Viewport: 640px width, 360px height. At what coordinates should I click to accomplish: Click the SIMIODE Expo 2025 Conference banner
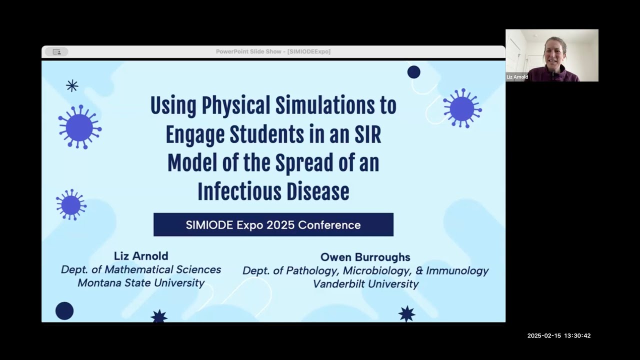pos(273,224)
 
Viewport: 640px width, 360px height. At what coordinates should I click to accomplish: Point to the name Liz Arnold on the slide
pos(141,256)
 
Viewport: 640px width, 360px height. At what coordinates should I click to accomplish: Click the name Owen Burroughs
pos(365,257)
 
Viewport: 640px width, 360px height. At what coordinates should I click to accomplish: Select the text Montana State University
pos(141,282)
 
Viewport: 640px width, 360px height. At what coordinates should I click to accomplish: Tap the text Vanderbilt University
pos(365,283)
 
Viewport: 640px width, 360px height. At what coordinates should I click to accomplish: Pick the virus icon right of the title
pos(461,108)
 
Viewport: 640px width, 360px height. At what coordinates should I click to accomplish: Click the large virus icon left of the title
pos(79,127)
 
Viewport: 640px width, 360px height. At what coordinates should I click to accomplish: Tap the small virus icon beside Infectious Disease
pos(70,205)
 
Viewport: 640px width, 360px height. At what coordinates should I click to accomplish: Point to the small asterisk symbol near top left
pos(72,86)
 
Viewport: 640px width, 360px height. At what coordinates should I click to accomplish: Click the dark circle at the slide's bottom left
pos(64,310)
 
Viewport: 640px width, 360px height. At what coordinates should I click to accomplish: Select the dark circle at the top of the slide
pos(413,72)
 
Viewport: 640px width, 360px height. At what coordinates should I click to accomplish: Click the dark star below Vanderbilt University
pos(406,313)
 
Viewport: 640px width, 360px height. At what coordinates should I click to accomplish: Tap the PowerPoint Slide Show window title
pos(273,51)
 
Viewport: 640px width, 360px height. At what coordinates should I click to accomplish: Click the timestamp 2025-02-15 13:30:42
pos(558,336)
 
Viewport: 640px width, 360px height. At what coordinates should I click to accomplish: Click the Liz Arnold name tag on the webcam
pos(517,77)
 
